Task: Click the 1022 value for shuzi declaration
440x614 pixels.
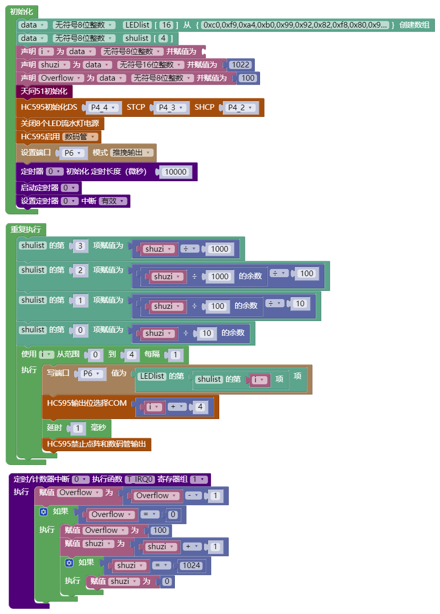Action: click(241, 65)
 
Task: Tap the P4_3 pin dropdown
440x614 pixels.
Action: click(172, 108)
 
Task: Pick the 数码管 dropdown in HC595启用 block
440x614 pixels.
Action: click(81, 137)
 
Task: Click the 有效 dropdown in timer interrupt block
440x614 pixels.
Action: click(113, 201)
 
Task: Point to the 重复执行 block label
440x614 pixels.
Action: click(25, 229)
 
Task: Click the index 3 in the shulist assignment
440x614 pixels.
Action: click(81, 246)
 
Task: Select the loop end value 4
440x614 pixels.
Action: click(131, 355)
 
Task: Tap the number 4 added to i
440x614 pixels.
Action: click(200, 407)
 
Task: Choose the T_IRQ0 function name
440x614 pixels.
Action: click(140, 479)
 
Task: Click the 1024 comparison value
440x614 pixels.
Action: click(191, 566)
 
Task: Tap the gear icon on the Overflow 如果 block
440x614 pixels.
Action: click(44, 511)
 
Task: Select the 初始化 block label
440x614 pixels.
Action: click(21, 12)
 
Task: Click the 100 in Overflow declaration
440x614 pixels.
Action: click(247, 78)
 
